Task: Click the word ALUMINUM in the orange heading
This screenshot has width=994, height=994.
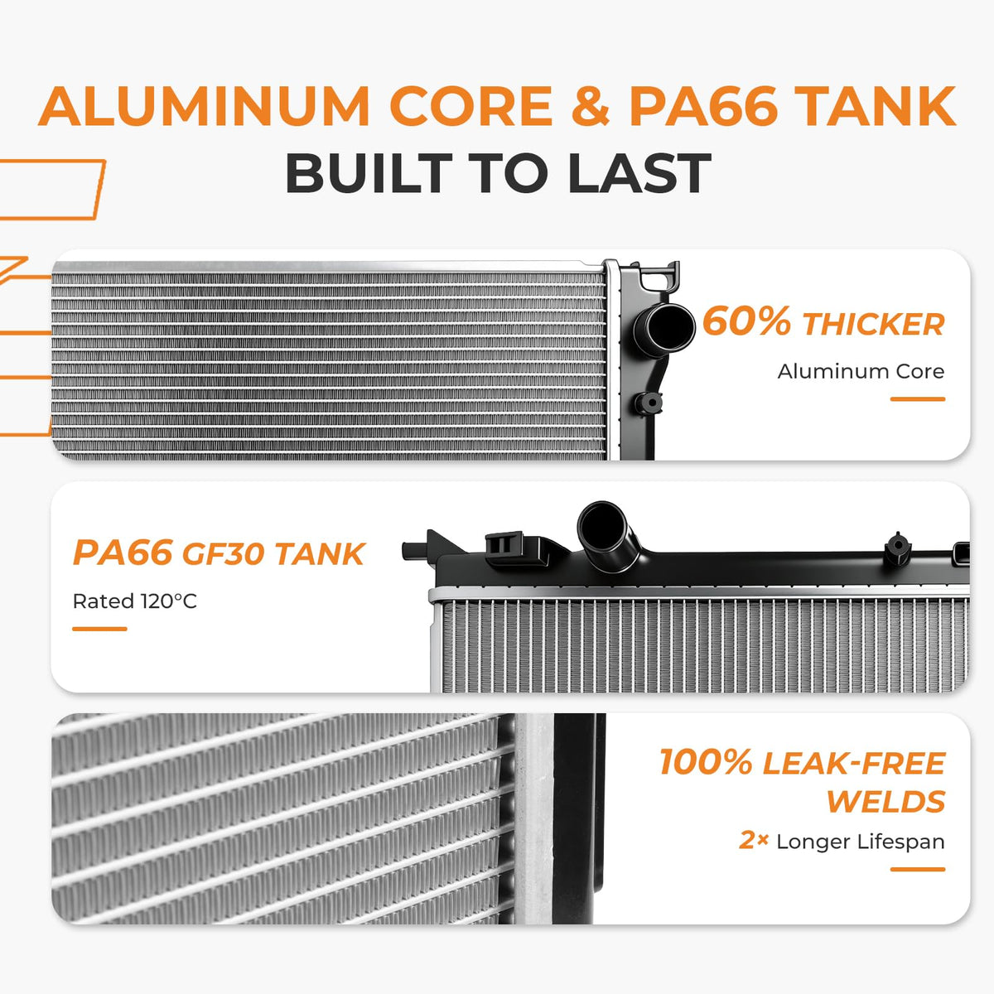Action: tap(204, 106)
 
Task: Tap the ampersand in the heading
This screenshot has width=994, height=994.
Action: tap(590, 106)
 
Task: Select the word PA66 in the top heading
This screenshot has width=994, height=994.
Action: tap(703, 106)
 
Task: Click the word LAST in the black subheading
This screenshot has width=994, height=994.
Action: tap(639, 173)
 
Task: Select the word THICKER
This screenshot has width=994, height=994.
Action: tap(874, 325)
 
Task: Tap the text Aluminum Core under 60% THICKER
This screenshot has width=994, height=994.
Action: tap(861, 371)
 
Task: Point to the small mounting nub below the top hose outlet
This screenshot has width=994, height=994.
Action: tap(650, 402)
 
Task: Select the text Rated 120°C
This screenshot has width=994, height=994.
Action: tap(135, 601)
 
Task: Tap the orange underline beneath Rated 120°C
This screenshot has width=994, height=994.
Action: tap(99, 629)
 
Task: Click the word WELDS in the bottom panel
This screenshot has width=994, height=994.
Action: tap(886, 802)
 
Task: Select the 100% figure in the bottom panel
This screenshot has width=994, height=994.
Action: tap(706, 762)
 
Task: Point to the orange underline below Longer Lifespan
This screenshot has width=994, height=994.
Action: tap(918, 869)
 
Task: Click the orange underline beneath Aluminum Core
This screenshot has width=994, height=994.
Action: tap(918, 398)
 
